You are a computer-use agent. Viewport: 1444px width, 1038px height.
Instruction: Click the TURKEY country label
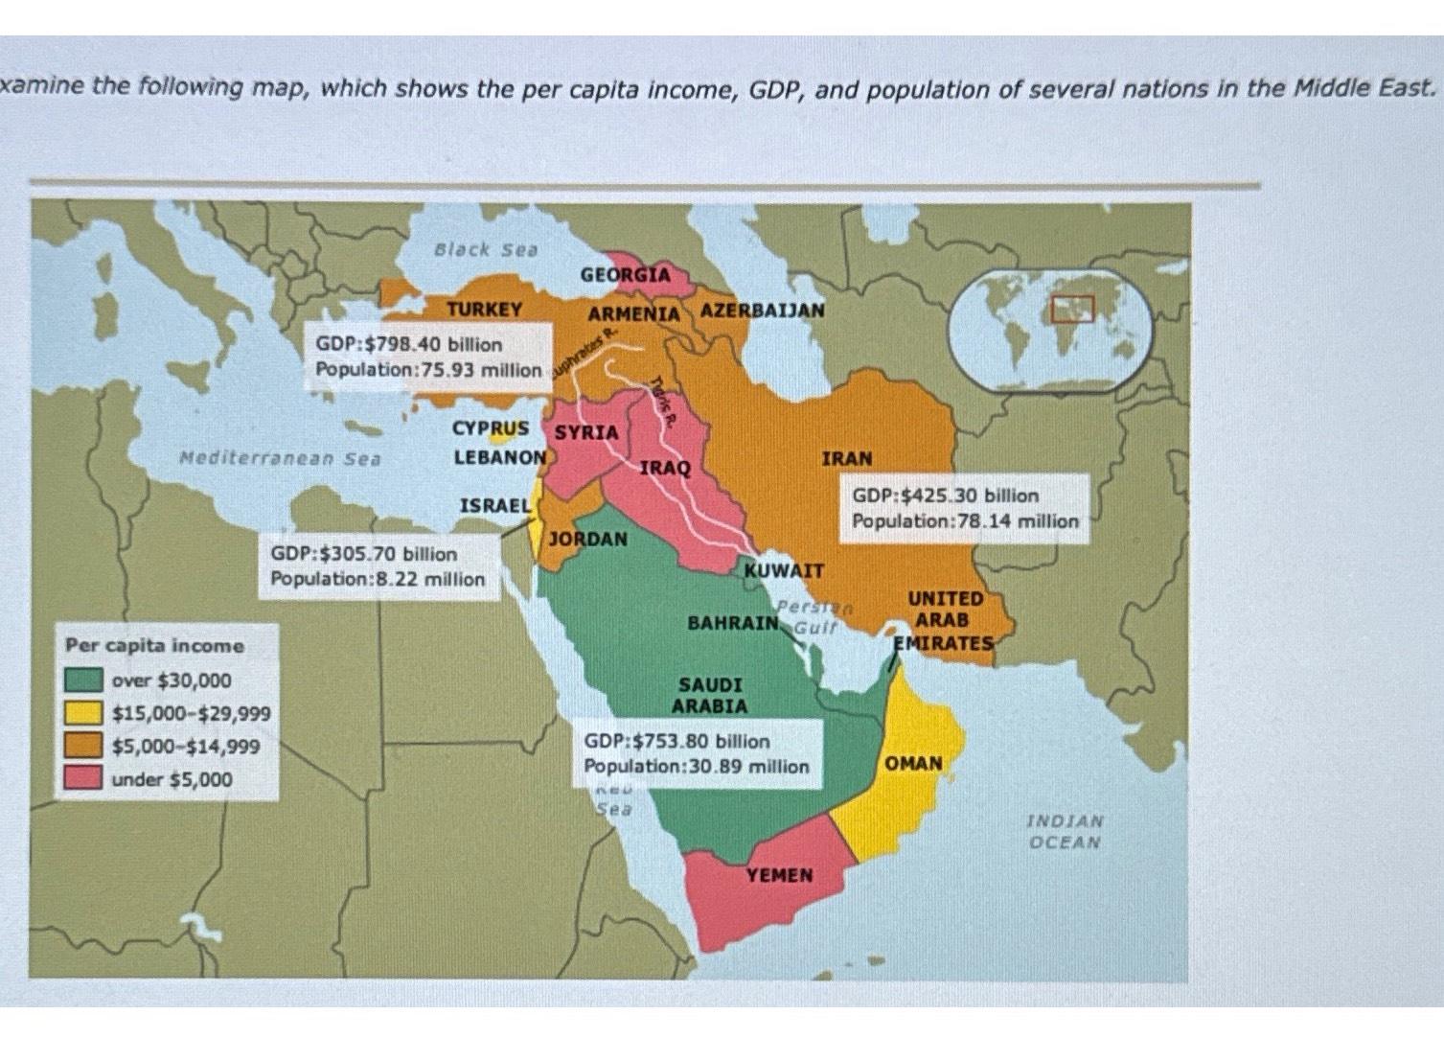pyautogui.click(x=484, y=309)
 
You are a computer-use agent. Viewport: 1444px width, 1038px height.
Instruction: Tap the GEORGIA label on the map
pyautogui.click(x=625, y=275)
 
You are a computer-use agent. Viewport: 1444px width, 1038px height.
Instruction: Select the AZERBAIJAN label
pyautogui.click(x=762, y=311)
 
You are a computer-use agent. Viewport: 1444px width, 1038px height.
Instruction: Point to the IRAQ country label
pyautogui.click(x=664, y=468)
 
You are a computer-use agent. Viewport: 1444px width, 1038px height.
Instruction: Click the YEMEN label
pyautogui.click(x=779, y=875)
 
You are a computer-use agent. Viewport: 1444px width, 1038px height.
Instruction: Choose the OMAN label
pyautogui.click(x=912, y=764)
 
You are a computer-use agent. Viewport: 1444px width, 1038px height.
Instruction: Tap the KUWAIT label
pyautogui.click(x=784, y=570)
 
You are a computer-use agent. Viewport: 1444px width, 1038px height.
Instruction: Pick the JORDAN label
pyautogui.click(x=588, y=539)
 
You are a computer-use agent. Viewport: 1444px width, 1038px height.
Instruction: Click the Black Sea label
pyautogui.click(x=486, y=249)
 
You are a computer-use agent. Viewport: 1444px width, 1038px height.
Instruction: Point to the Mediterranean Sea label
pyautogui.click(x=280, y=458)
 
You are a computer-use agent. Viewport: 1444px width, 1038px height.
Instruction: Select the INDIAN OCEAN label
pyautogui.click(x=1065, y=831)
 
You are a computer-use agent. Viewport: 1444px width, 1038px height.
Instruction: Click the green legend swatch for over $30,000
pyautogui.click(x=83, y=680)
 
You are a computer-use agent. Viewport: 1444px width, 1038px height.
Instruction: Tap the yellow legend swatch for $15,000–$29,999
pyautogui.click(x=83, y=713)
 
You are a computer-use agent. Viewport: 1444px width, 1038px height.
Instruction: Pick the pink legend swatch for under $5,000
pyautogui.click(x=83, y=778)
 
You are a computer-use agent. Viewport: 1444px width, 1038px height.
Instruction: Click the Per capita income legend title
pyautogui.click(x=154, y=646)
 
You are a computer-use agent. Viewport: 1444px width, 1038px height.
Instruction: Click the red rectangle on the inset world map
pyautogui.click(x=1071, y=308)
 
